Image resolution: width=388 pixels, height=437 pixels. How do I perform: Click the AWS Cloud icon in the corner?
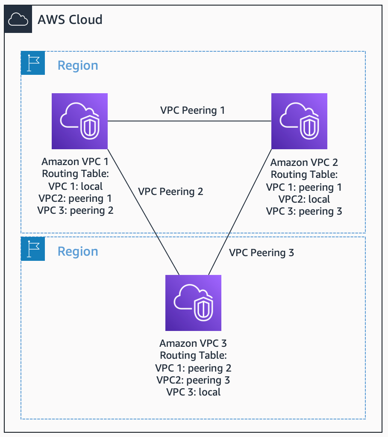click(18, 19)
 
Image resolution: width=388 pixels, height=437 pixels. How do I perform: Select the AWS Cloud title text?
click(70, 20)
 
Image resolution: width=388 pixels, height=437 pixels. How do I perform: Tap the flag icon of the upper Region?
click(33, 63)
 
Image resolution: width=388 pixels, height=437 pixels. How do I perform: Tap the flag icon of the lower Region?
click(33, 249)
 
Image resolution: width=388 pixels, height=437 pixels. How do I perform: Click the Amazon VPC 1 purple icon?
click(79, 121)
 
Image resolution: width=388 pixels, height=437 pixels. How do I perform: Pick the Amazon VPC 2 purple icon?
click(300, 121)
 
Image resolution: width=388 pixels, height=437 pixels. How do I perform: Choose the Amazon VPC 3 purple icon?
click(193, 303)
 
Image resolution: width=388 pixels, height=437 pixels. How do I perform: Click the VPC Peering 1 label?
click(192, 110)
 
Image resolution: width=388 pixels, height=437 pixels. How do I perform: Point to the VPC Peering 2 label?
click(170, 192)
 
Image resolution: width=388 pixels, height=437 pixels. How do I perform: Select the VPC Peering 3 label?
click(262, 253)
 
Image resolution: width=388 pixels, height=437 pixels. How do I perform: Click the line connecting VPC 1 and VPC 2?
click(190, 121)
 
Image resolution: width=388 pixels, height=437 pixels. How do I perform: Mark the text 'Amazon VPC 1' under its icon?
click(75, 162)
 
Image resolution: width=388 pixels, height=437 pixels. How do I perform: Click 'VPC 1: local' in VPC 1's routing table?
click(76, 186)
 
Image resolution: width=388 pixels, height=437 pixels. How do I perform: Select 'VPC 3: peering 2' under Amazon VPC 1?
click(76, 210)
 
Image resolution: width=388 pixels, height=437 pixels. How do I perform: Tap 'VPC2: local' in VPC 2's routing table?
click(304, 199)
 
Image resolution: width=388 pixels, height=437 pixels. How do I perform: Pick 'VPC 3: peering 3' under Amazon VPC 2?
click(304, 211)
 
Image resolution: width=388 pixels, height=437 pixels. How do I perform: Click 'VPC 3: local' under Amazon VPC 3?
click(193, 392)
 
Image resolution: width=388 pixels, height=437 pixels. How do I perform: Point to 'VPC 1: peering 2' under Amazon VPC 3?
click(193, 368)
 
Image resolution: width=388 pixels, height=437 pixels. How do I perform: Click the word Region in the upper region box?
click(78, 66)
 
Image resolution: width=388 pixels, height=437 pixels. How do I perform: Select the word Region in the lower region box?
click(78, 252)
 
